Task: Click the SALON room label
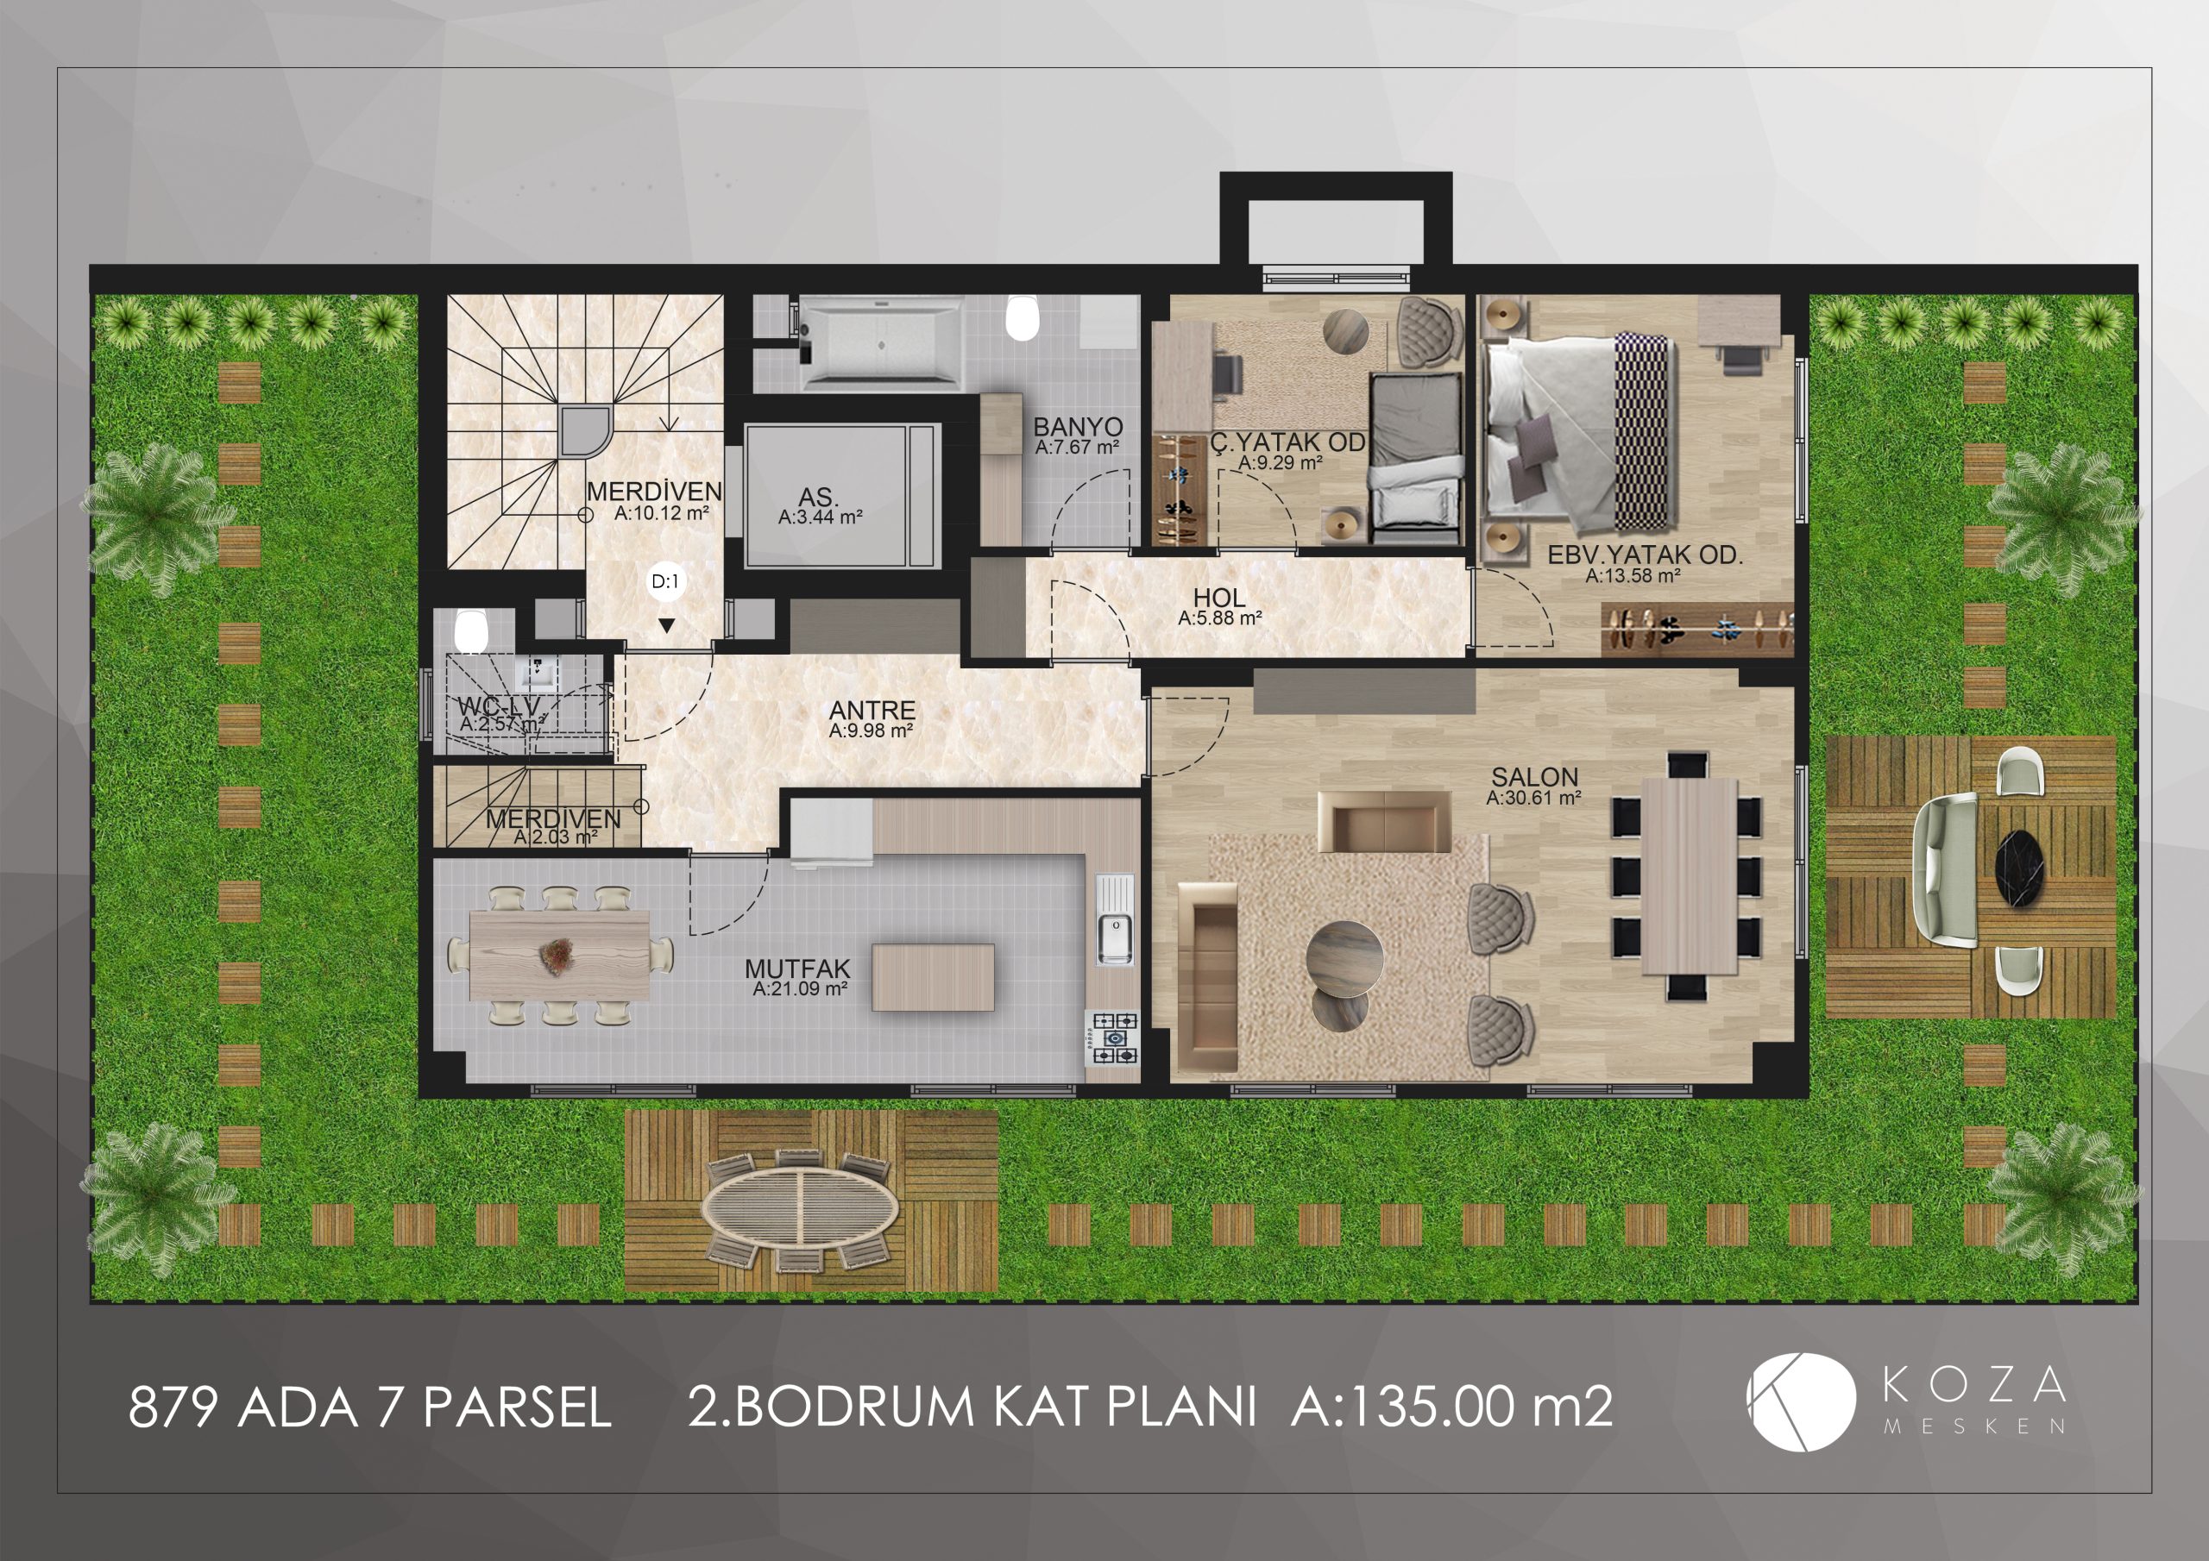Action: pyautogui.click(x=1534, y=776)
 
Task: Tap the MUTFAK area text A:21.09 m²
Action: pyautogui.click(x=800, y=988)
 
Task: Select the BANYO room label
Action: pyautogui.click(x=1078, y=427)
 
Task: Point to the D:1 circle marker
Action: pyautogui.click(x=666, y=581)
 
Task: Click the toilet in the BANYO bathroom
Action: pyautogui.click(x=1021, y=317)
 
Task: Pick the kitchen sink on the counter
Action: pyautogui.click(x=1114, y=918)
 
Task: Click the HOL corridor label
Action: pyautogui.click(x=1219, y=598)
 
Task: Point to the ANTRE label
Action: pyautogui.click(x=872, y=711)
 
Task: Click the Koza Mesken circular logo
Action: pyautogui.click(x=1801, y=1401)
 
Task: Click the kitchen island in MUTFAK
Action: pyautogui.click(x=932, y=976)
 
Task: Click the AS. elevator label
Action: pyautogui.click(x=818, y=498)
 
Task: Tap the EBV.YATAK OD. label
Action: pyautogui.click(x=1646, y=555)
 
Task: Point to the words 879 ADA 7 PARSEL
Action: pyautogui.click(x=369, y=1408)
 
